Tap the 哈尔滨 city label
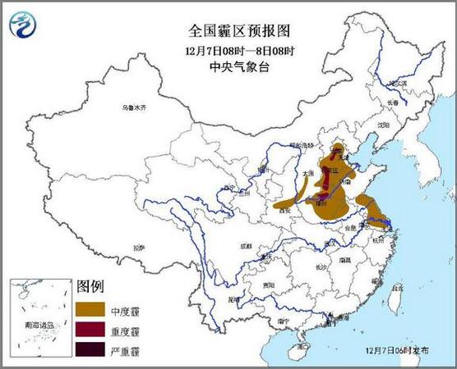[x=399, y=84]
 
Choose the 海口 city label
[x=304, y=347]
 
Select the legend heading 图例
[x=90, y=286]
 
